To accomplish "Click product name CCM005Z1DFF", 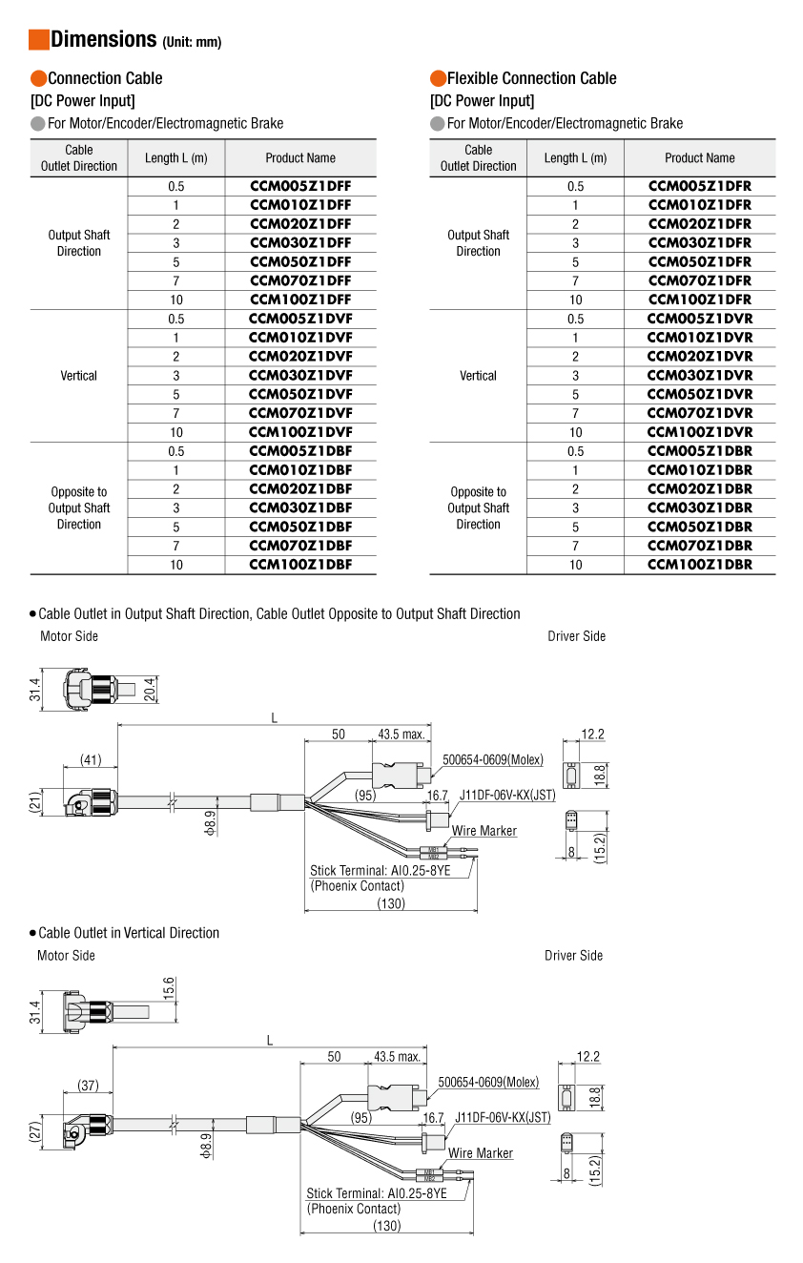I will coord(300,186).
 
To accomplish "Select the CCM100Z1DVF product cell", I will coord(300,432).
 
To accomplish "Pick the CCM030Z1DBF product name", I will coord(300,507).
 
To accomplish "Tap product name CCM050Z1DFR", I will coord(700,261).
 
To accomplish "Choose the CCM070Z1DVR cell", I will coord(700,413).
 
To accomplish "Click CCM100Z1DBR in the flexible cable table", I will coord(700,565).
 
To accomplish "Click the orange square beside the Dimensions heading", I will coord(39,39).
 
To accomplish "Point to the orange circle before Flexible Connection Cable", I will coord(438,78).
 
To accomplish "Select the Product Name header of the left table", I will coord(300,158).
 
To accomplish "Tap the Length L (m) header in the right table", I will coord(575,158).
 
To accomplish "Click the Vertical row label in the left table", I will coord(78,376).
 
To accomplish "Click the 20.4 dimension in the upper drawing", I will coord(150,689).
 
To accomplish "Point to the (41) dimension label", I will coord(91,760).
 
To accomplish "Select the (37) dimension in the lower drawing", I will coord(88,1086).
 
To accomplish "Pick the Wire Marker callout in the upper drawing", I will coord(484,831).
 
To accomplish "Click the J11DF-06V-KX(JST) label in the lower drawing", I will coord(503,1117).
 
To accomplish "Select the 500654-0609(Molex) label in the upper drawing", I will coord(493,759).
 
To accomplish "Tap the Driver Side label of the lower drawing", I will coord(573,956).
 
